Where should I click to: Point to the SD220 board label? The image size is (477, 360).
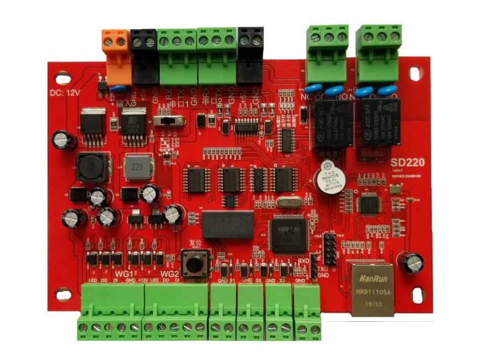click(x=406, y=163)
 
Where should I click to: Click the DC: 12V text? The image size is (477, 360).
click(x=65, y=93)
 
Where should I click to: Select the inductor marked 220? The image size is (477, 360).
click(x=137, y=167)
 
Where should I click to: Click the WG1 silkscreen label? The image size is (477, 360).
click(x=124, y=274)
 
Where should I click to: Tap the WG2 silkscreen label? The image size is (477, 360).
click(x=169, y=274)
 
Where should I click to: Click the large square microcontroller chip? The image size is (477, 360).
click(x=287, y=232)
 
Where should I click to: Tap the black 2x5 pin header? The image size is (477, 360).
click(x=329, y=248)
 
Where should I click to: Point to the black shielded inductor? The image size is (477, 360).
click(x=90, y=167)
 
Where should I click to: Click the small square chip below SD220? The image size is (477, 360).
click(x=368, y=204)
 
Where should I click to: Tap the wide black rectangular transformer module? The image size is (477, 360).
click(x=228, y=224)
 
